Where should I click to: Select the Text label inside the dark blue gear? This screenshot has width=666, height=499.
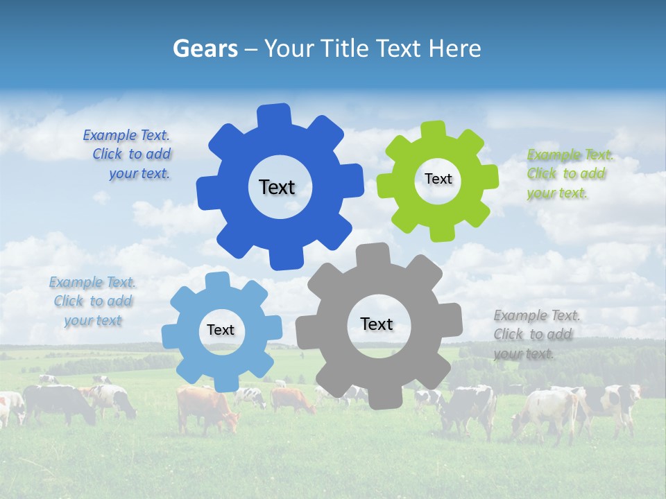pos(277,187)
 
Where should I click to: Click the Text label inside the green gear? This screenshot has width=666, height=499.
pos(438,179)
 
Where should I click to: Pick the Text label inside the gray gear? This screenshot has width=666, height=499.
pos(377,324)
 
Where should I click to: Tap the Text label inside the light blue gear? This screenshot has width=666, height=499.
pos(221,331)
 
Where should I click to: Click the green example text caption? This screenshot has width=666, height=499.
pos(570,174)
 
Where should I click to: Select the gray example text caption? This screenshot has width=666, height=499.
pos(536,335)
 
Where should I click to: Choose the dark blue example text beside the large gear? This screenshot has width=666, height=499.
pos(128,155)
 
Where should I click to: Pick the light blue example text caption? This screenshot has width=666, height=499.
pos(93,301)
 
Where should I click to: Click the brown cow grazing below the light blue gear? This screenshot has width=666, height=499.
pos(205,409)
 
